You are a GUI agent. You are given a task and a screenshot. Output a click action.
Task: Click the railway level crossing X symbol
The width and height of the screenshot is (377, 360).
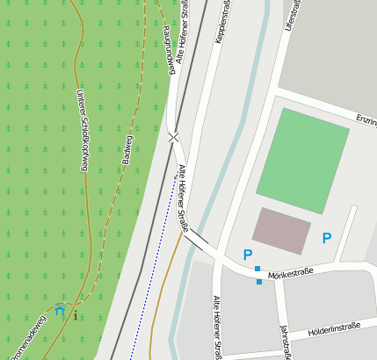coord(174,137)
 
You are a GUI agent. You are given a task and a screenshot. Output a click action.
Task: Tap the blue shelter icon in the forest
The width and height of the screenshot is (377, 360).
coord(60,310)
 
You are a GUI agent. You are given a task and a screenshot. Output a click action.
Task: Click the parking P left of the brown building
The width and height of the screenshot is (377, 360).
coord(248,255)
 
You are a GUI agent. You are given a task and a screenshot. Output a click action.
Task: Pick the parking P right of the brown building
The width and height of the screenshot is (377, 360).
coord(327,238)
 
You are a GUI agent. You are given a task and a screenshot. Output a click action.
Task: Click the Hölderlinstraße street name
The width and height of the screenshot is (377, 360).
coord(335,330)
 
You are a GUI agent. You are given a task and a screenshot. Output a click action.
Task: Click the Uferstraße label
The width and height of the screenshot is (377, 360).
coord(294,16)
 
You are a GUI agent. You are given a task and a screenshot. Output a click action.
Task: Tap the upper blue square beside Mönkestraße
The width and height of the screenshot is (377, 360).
coord(257,268)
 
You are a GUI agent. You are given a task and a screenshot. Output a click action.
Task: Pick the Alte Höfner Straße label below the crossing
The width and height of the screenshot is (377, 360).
coord(184,197)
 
